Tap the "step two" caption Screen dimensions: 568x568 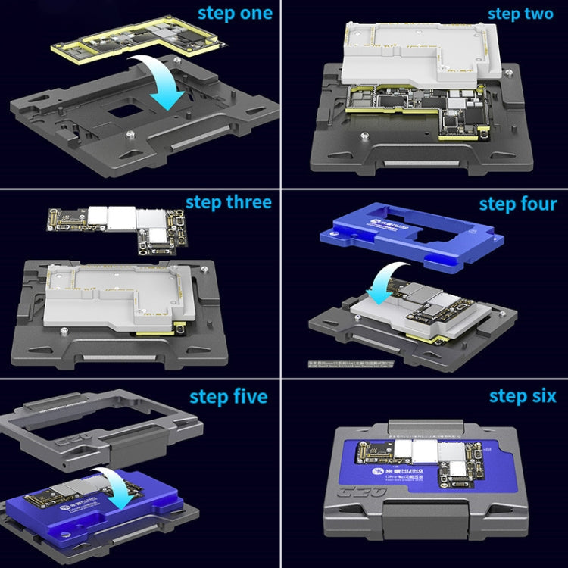520,14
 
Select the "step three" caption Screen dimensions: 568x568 228,202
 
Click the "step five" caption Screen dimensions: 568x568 228,396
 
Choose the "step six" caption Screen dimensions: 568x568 523,396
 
